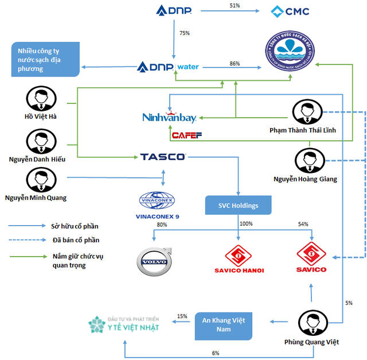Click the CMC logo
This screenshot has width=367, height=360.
click(290, 11)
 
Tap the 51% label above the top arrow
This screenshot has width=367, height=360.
click(234, 6)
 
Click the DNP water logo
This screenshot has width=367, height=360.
click(169, 67)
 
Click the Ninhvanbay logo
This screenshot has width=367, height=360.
click(169, 118)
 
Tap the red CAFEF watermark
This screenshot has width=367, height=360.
click(183, 136)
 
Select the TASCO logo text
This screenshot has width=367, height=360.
click(162, 157)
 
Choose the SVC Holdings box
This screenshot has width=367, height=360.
click(238, 205)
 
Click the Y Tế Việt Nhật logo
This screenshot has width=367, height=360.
click(124, 325)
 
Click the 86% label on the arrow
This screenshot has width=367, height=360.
click(235, 63)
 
